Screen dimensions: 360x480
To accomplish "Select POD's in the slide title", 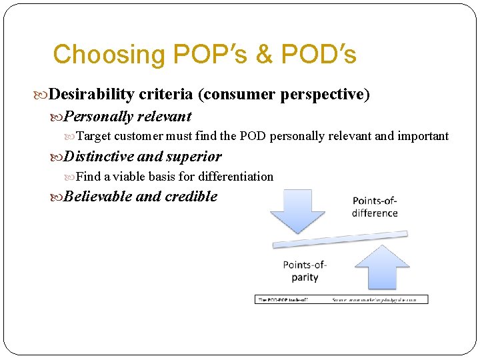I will (319, 55).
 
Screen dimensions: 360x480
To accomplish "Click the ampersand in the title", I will (265, 55).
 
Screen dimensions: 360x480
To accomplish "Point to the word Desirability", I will (91, 95).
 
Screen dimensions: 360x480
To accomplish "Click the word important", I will (423, 137).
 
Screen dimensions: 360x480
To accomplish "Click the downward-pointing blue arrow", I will (296, 209).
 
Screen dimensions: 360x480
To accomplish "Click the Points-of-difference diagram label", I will (375, 207).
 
